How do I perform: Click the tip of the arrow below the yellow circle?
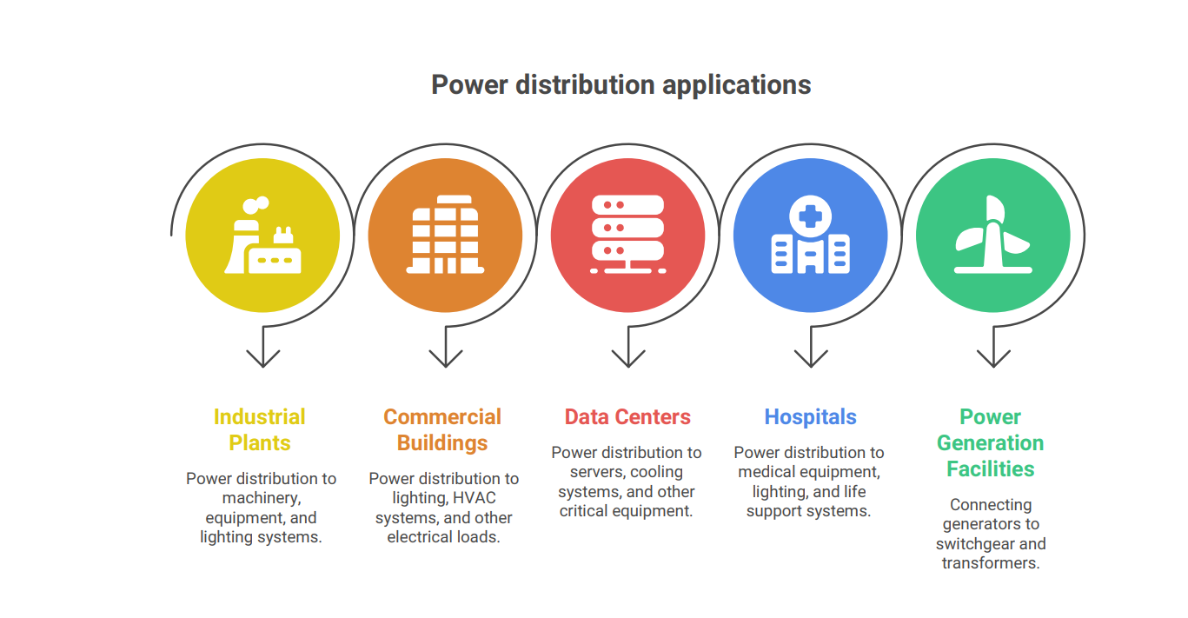pos(263,367)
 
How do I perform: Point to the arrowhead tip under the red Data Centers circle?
pos(628,367)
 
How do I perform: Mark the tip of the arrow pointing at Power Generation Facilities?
pos(993,367)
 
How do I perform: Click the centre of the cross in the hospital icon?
pos(810,216)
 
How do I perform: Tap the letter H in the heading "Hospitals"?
pos(772,417)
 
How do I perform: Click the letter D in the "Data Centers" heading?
pos(572,417)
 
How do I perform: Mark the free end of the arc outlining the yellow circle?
pos(171,234)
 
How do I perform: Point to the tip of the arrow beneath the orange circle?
pos(446,367)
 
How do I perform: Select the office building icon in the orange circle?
pos(446,235)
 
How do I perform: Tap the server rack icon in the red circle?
pos(628,235)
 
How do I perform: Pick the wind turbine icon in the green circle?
pos(993,235)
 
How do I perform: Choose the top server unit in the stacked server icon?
pos(628,205)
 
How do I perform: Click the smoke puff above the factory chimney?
pos(256,205)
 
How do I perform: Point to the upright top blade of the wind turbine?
pos(995,209)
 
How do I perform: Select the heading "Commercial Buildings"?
pos(442,429)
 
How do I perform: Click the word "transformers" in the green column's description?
pos(991,563)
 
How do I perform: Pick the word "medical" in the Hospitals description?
pos(767,472)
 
